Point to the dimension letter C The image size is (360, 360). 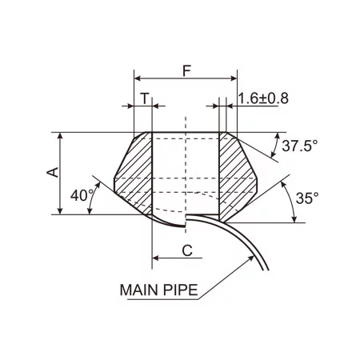pyautogui.click(x=186, y=250)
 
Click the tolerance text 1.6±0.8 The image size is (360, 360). pyautogui.click(x=263, y=98)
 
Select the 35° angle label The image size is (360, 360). pyautogui.click(x=307, y=197)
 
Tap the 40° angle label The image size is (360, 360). pyautogui.click(x=82, y=196)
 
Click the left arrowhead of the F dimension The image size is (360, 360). pyautogui.click(x=138, y=78)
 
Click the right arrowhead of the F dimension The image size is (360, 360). pyautogui.click(x=234, y=78)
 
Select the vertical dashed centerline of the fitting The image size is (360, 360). pyautogui.click(x=186, y=160)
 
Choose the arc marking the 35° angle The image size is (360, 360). pyautogui.click(x=289, y=200)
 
